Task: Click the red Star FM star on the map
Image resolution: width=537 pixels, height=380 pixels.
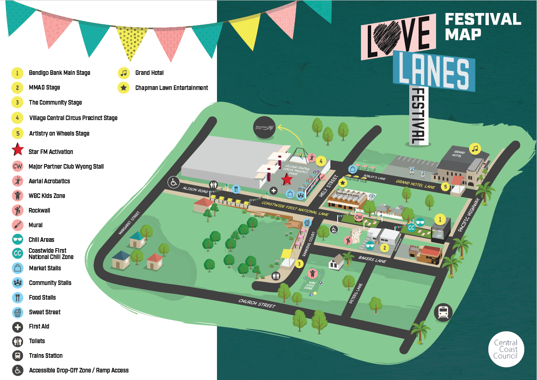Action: tap(287, 180)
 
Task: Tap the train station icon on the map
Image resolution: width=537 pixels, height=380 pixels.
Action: tap(442, 312)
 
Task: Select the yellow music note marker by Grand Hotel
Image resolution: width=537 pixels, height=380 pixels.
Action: tap(475, 148)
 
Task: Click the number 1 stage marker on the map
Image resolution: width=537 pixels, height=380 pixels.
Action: tap(440, 218)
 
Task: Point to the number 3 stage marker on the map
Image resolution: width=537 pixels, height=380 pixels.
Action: tap(299, 264)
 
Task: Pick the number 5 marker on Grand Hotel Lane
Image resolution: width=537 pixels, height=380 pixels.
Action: tap(444, 187)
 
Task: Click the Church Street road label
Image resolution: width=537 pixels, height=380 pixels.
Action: tap(257, 303)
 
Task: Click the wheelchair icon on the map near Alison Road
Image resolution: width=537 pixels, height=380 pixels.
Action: tap(173, 182)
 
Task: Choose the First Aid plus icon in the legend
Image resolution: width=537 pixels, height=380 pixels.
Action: tap(18, 326)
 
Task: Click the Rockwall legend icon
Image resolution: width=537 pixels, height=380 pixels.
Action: tap(18, 210)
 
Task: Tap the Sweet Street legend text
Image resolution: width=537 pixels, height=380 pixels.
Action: tap(44, 312)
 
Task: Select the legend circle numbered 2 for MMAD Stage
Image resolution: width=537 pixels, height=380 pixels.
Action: tap(17, 87)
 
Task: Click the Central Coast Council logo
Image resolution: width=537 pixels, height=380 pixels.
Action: tap(506, 349)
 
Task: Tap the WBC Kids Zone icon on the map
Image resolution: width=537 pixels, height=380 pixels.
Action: tap(312, 274)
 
